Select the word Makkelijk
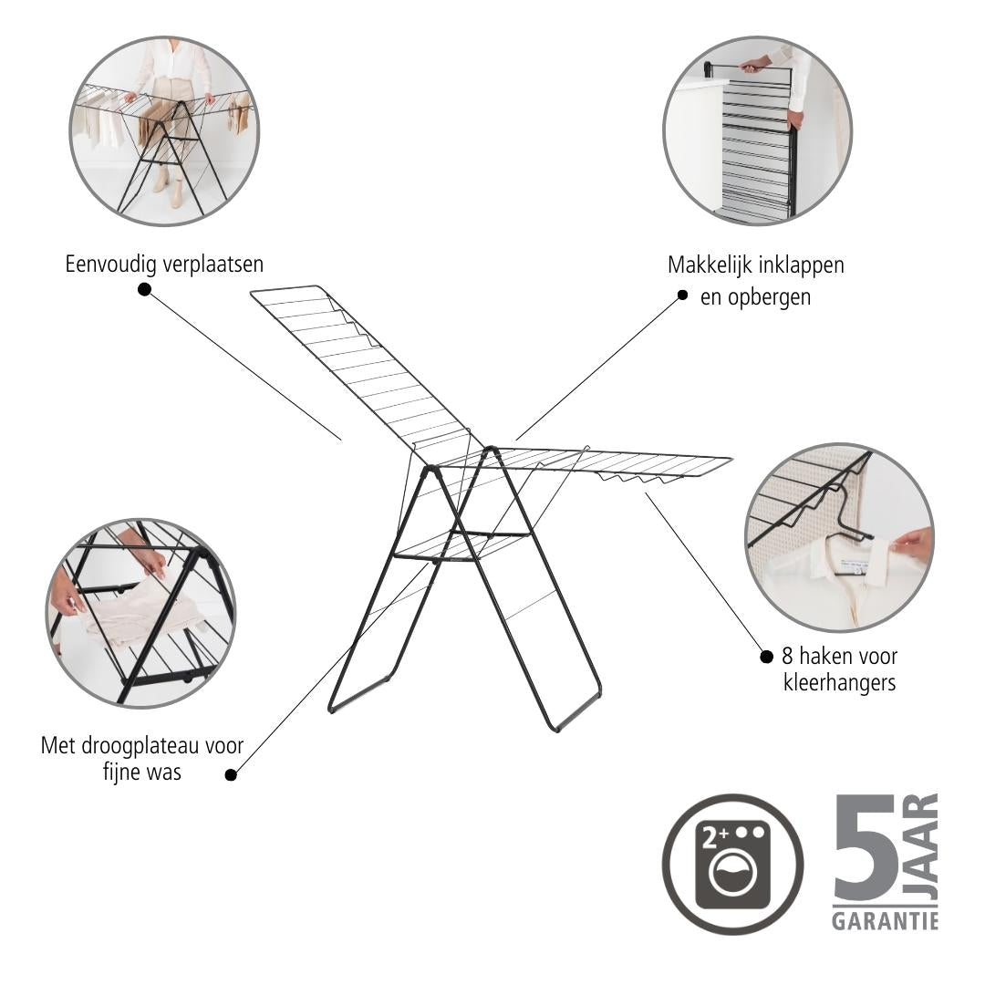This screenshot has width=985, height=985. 709,265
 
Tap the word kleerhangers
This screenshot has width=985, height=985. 840,682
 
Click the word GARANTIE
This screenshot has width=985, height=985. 885,921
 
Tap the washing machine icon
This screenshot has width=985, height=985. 733,865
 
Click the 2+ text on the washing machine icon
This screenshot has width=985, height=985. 715,836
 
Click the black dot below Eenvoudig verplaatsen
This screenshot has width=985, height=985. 144,289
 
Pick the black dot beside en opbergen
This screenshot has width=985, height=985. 683,295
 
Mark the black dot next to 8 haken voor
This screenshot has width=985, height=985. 766,657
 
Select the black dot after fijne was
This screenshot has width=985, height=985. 231,775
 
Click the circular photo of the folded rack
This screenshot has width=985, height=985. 758,130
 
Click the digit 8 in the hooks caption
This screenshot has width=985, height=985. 787,657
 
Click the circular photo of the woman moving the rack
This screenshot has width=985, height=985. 164,130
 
